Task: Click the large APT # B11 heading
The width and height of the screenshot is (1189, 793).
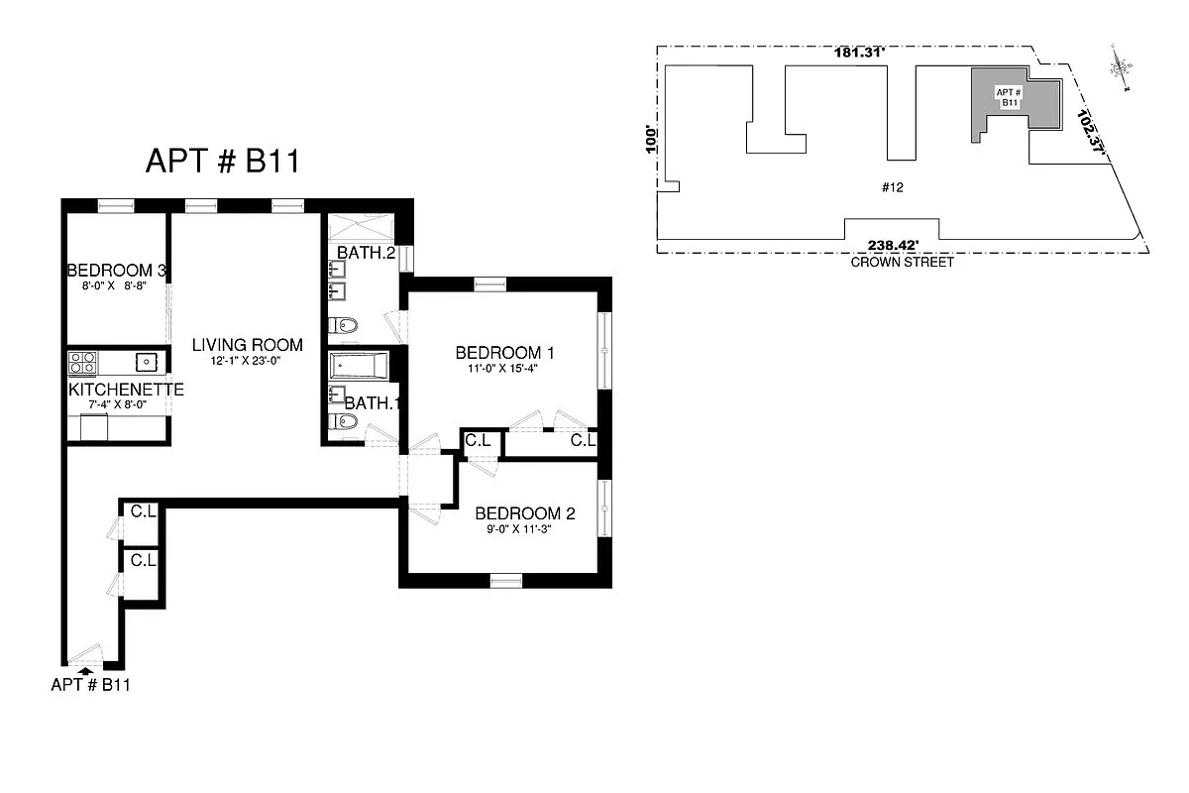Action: (222, 162)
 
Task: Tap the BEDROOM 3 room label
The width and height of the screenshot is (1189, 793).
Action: (116, 271)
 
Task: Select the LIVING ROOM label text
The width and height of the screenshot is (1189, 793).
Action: (248, 345)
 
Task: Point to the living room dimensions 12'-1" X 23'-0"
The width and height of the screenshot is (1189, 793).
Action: (248, 362)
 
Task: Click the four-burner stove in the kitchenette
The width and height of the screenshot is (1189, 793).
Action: (81, 362)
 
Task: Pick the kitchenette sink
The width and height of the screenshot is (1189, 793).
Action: (146, 362)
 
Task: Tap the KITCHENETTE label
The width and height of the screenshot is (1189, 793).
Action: (126, 391)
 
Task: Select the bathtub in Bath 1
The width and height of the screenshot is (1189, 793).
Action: (360, 367)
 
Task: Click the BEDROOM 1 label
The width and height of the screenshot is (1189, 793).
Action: (504, 353)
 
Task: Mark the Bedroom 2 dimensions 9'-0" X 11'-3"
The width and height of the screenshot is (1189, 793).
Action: (525, 529)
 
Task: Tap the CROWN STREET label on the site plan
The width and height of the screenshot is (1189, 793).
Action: (902, 263)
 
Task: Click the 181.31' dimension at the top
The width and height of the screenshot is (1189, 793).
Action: (858, 53)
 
